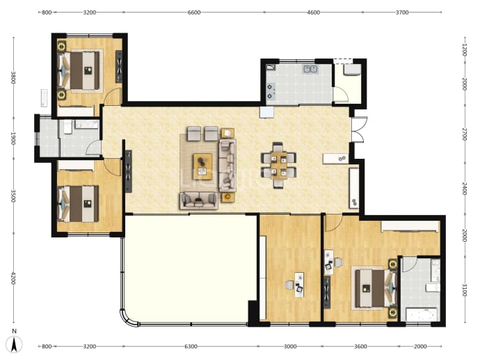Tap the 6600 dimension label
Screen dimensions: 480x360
[x=194, y=13]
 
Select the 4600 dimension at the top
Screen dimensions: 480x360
[x=314, y=13]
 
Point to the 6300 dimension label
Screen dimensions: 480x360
[x=191, y=347]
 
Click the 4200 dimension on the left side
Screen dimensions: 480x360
[x=13, y=278]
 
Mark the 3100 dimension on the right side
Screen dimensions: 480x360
[x=465, y=290]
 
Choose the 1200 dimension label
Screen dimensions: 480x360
[x=465, y=49]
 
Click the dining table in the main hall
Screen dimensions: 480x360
[x=278, y=166]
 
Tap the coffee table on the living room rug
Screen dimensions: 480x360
[x=202, y=166]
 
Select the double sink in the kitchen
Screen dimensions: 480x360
[x=310, y=69]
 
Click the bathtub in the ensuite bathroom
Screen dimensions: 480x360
[x=422, y=315]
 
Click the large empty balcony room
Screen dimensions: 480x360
[x=190, y=269]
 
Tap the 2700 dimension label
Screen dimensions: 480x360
[x=465, y=134]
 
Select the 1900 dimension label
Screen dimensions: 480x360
[x=13, y=138]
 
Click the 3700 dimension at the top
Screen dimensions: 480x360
[x=402, y=13]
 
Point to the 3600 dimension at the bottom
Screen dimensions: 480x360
[x=360, y=347]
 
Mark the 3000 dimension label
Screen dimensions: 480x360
[x=290, y=347]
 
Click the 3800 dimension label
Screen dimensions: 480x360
[x=13, y=77]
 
